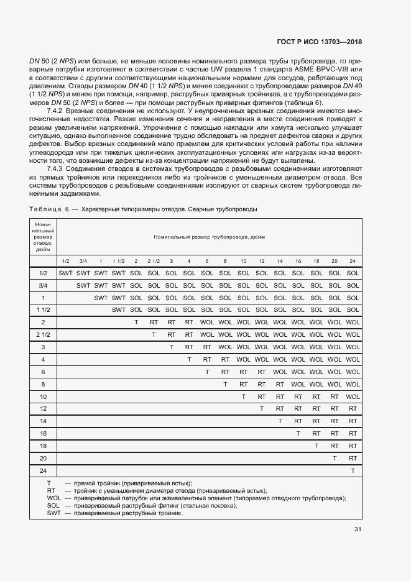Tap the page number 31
[358, 529]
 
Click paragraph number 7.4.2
[57, 110]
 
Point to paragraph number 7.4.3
[57, 169]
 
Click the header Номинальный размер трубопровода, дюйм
[209, 237]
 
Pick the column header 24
[353, 260]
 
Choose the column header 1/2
[65, 260]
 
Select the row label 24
[43, 470]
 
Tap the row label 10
[43, 396]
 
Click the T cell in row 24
[353, 470]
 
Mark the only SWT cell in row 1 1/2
[118, 309]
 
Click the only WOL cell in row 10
[353, 396]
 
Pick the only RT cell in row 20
[353, 458]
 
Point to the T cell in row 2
[136, 322]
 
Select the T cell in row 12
[262, 408]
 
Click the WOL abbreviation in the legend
[53, 498]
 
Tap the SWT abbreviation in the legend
[53, 513]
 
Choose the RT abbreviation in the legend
[51, 490]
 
